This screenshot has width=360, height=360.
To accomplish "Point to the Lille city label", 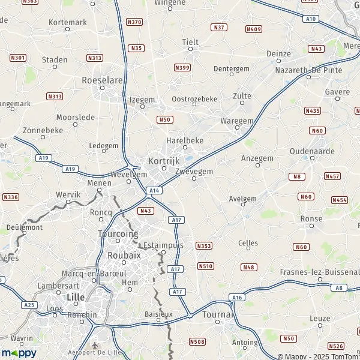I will pos(75,297).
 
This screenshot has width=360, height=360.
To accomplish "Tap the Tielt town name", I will pos(190,42).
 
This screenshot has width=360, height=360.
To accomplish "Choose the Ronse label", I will pos(311,219).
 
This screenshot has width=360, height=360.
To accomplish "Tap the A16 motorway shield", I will pos(238,297).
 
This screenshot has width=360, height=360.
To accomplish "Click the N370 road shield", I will pos(134,22).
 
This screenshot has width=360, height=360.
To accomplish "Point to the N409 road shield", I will pos(254,29).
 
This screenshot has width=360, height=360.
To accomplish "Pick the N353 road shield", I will pos(204,246).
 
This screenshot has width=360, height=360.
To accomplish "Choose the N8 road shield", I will pos(296,176).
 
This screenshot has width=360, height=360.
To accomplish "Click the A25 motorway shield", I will pos(29,305).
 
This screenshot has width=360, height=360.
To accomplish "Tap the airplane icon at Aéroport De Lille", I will pos(95,346).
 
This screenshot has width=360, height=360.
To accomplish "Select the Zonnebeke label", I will pos(42,130).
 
